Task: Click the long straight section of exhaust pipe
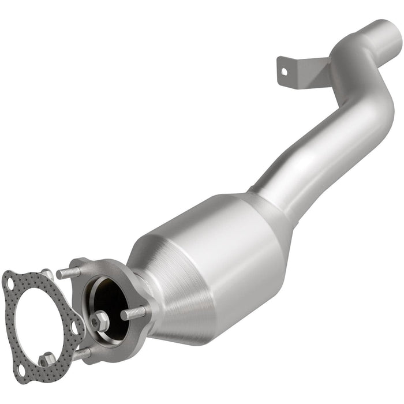[x=323, y=150]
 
